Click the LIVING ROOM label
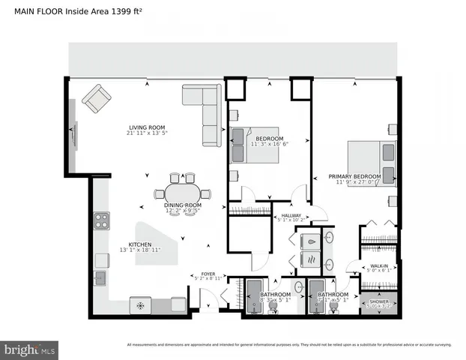(146, 127)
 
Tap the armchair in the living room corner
(96, 99)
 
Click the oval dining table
(183, 192)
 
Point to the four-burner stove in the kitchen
(101, 220)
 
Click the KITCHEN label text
(139, 244)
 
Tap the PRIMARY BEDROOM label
(354, 177)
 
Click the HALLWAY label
(291, 216)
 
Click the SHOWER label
(378, 301)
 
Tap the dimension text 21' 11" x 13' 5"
(146, 133)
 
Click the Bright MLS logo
(30, 349)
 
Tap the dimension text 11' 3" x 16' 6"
(269, 144)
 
